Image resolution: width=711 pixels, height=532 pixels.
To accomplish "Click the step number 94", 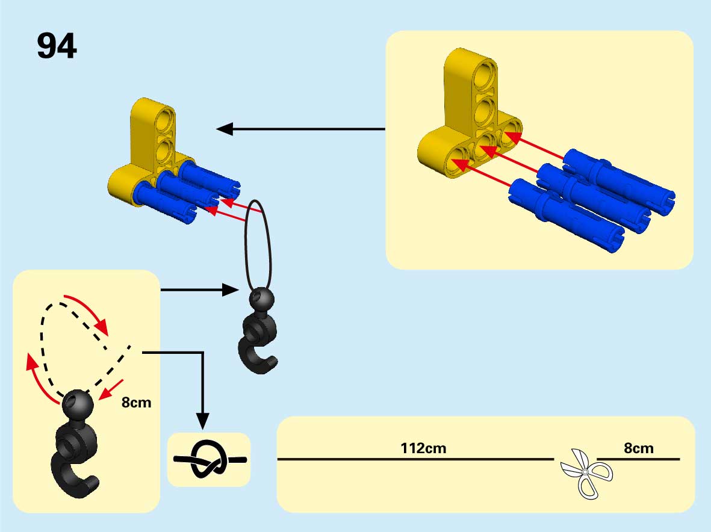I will tap(57, 46).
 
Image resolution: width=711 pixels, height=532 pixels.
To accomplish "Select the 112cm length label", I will tap(423, 448).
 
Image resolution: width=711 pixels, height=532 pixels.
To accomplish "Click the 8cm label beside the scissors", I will tap(638, 448).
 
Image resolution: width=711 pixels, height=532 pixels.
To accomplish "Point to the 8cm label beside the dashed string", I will tap(137, 403).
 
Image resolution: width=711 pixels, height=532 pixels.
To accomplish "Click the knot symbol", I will tap(209, 460).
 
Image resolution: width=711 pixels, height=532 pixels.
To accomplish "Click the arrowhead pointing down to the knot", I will tap(203, 421).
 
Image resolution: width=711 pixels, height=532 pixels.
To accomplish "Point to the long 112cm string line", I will tap(415, 460).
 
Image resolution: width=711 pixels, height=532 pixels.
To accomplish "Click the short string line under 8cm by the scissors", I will tap(638, 460).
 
